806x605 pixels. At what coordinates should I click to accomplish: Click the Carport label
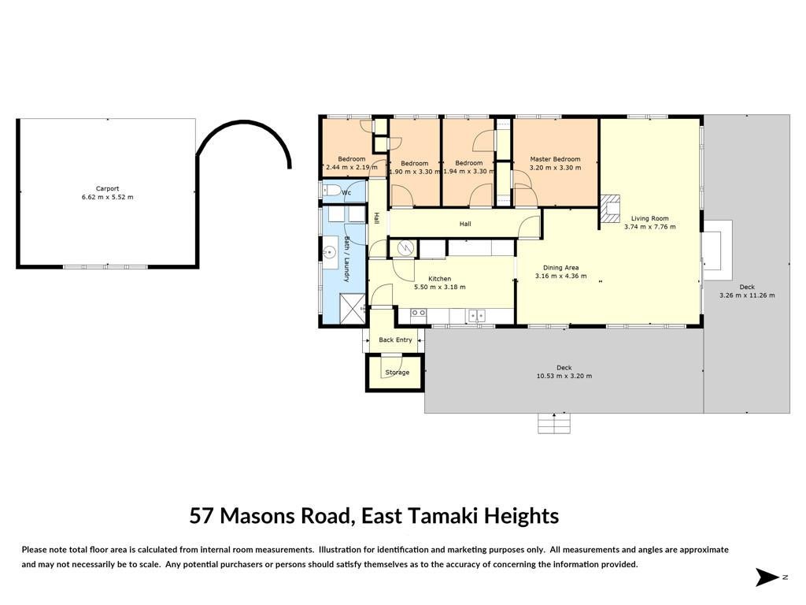(107, 189)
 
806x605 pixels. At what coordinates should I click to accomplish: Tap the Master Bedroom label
(555, 159)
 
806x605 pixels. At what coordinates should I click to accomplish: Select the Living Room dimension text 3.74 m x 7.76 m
(649, 227)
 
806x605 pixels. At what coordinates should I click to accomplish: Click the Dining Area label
(560, 268)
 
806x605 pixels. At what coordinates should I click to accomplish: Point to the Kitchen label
(439, 279)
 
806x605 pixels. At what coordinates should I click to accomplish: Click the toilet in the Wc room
(330, 191)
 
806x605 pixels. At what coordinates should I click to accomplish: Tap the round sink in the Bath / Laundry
(329, 253)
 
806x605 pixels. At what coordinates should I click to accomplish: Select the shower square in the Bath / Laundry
(352, 308)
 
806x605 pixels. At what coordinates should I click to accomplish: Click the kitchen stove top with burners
(419, 313)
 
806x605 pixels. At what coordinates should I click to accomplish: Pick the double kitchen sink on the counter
(476, 315)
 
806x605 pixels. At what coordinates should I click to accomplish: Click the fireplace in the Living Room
(610, 209)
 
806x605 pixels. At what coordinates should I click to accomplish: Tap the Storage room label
(397, 373)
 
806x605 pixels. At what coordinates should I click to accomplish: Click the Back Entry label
(395, 340)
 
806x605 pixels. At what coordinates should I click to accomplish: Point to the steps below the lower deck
(554, 423)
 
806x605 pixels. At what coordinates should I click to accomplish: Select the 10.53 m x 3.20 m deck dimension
(564, 376)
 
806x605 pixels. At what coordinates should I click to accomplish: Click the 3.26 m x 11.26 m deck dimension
(747, 295)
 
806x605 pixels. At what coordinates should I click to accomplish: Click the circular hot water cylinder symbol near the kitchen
(405, 248)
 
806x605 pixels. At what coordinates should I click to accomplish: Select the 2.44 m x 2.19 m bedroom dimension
(352, 167)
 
